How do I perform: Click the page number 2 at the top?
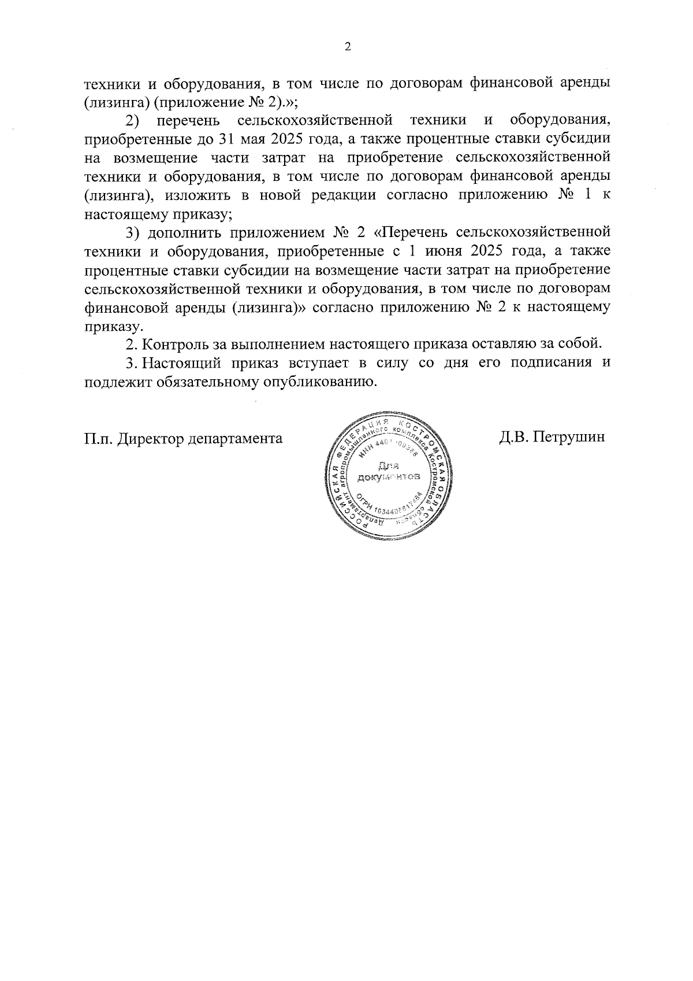[347, 47]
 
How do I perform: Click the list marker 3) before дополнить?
[133, 232]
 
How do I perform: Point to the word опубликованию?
[321, 382]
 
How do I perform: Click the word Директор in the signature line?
[151, 438]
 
